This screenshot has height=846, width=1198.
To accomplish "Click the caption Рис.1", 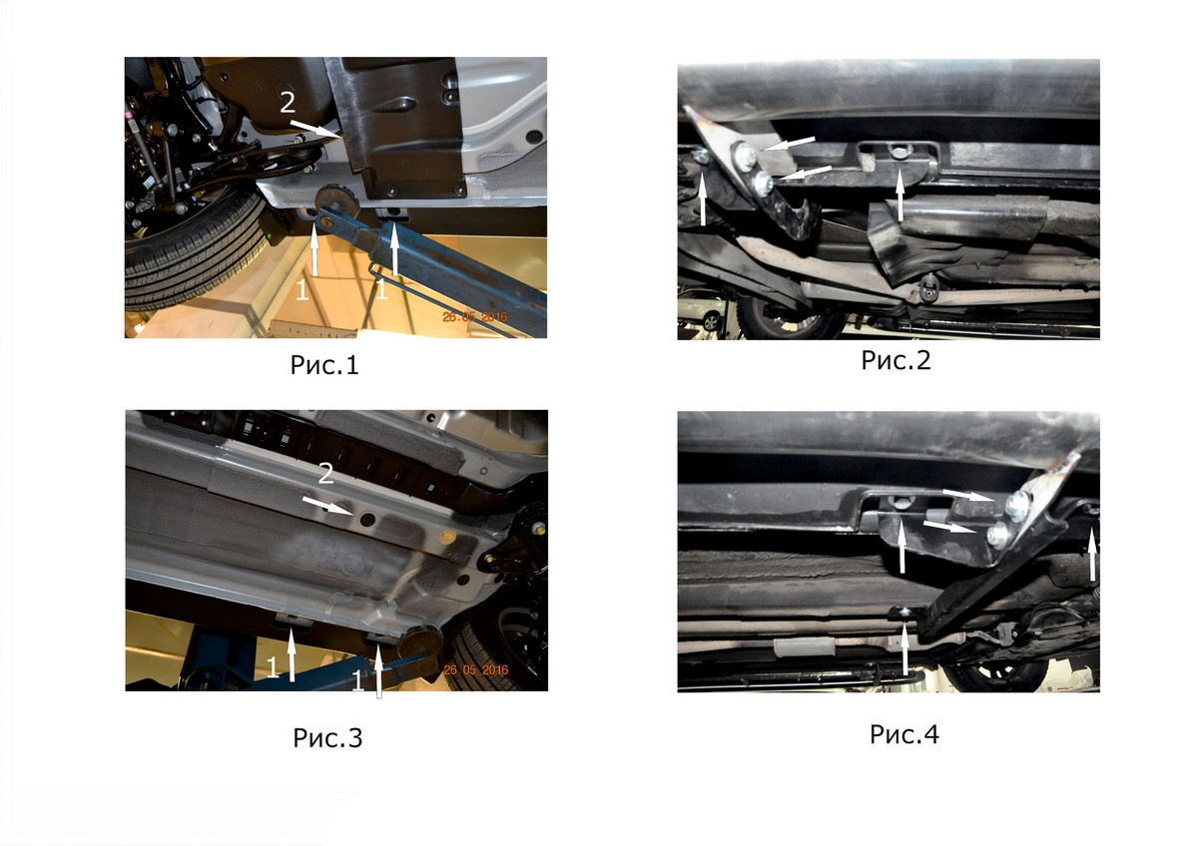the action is point(324,365).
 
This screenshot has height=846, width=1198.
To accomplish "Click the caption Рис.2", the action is point(896,360).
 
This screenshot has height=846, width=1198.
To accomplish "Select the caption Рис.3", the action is point(327,737).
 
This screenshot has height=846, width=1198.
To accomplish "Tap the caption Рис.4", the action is point(903,734).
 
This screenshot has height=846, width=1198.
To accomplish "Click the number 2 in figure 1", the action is point(288,102).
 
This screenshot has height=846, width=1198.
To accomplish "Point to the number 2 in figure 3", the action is point(325,474).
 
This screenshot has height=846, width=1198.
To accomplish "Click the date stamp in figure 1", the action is point(475,317).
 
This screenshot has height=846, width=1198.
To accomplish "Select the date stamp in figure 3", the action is point(476,669).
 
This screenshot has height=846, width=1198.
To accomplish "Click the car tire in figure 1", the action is point(193,256).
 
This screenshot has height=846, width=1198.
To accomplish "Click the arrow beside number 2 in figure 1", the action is point(315,129).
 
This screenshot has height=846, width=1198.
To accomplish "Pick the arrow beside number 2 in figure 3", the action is point(327,506).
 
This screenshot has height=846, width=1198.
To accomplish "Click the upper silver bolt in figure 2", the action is point(745,154).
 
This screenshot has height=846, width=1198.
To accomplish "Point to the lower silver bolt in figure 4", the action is point(997,535).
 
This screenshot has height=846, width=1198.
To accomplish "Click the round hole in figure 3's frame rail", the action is point(368,518).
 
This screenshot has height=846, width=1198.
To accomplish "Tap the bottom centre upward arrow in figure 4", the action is point(904,649).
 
